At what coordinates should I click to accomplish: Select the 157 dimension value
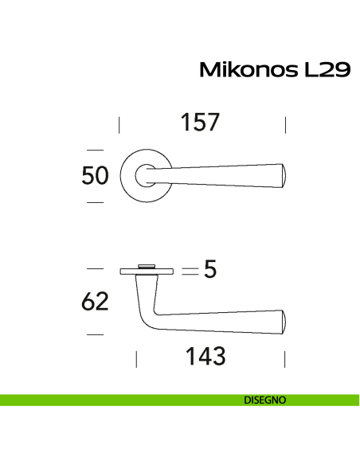click(199, 123)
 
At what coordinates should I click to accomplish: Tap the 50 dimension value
click(96, 176)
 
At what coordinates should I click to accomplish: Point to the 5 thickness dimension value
click(210, 271)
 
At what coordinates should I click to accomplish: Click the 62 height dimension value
click(96, 303)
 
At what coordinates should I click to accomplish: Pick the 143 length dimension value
click(205, 357)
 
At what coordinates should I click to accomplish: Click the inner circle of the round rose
click(146, 175)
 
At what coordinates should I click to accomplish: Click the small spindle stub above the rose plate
click(147, 264)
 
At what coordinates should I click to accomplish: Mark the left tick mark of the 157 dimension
click(119, 124)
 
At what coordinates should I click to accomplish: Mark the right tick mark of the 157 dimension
click(285, 124)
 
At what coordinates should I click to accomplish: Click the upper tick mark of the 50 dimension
click(95, 149)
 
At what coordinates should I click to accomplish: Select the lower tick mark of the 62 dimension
click(95, 334)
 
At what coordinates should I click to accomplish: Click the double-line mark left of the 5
click(189, 271)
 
